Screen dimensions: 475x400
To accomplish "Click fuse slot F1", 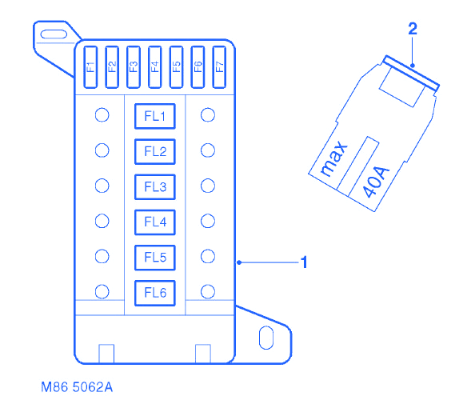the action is [x=90, y=67].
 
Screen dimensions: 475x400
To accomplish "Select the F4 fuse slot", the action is [x=155, y=67].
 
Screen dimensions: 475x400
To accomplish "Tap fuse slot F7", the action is [x=219, y=67].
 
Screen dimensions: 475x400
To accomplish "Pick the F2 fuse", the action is [x=112, y=67].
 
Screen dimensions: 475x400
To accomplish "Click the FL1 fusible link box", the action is [x=155, y=116].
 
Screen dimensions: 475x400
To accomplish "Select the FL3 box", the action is [x=155, y=187].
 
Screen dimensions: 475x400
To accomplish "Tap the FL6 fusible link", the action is [x=155, y=293].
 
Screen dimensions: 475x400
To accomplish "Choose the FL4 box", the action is [x=155, y=222].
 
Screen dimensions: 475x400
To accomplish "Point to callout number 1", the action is [x=304, y=262].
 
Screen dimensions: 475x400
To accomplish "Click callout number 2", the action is [x=413, y=29].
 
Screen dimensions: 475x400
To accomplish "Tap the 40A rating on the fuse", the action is [x=376, y=182].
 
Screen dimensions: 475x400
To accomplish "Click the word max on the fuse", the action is [x=333, y=158].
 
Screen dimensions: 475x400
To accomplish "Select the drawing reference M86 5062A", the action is [x=77, y=387].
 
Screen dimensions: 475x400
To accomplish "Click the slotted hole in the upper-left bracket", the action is [x=54, y=34].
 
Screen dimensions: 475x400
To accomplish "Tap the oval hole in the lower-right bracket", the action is [x=266, y=338].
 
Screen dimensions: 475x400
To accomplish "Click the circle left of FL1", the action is [x=102, y=115].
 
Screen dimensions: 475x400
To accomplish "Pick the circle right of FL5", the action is [x=208, y=257].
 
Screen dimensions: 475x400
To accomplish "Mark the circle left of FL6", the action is [x=102, y=292].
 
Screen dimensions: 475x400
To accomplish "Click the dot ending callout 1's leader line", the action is [x=239, y=262].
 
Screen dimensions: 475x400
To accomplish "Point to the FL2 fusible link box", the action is [x=155, y=151].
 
